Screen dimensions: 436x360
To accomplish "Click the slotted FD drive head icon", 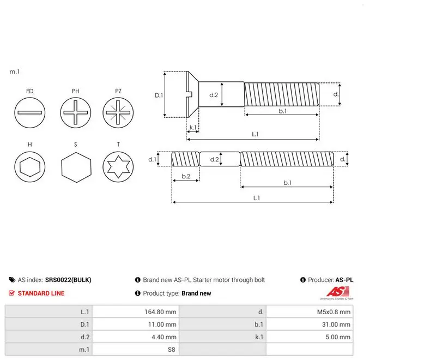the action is point(30,113).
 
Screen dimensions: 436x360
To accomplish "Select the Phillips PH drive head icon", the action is point(75,113).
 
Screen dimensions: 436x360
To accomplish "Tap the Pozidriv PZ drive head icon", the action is point(118,113).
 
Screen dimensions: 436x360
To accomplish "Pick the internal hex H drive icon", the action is point(30,167).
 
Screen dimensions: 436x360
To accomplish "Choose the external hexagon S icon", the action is point(76,167).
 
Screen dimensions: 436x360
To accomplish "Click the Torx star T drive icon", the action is point(118,167).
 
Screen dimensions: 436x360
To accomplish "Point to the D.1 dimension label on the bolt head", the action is point(159,95).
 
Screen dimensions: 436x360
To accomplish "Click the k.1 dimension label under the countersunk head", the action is point(193,127).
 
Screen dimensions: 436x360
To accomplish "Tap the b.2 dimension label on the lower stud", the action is point(186,176).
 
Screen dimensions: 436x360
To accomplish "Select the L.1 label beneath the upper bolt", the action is point(255,134).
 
